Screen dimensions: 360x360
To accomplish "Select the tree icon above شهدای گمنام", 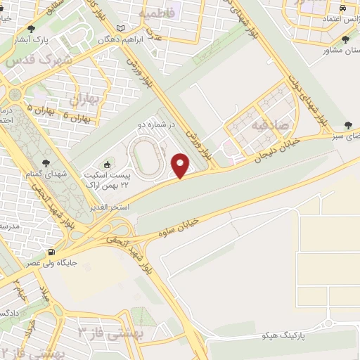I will coord(46,162).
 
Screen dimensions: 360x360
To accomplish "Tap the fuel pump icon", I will coord(51,252).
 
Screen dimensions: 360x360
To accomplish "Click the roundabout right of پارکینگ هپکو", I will coord(329,323).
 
